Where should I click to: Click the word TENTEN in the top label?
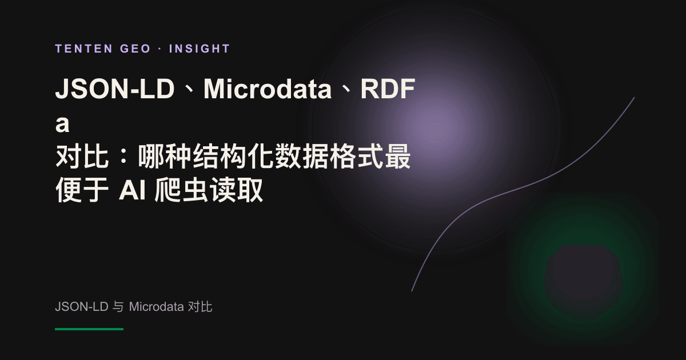click(84, 49)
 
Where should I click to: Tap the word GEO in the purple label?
click(135, 49)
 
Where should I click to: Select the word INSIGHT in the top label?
click(200, 49)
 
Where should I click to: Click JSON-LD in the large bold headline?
click(115, 89)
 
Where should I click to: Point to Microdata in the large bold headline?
click(268, 89)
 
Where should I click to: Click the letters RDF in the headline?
click(388, 89)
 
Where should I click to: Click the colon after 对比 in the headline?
click(123, 156)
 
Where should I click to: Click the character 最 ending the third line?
click(397, 156)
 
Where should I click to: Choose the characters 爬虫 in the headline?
click(182, 190)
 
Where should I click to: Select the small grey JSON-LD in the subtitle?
click(81, 306)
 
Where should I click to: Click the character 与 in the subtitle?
click(118, 307)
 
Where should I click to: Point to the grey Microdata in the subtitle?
click(156, 306)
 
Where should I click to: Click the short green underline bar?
click(89, 329)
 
